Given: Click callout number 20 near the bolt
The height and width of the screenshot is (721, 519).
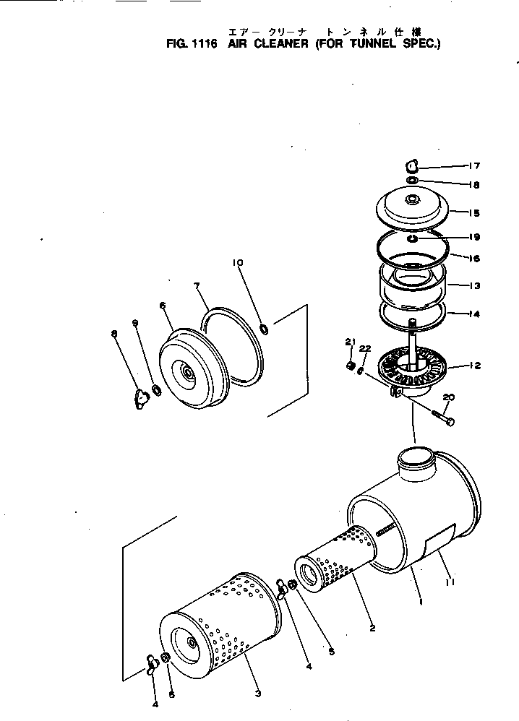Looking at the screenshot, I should pos(447,397).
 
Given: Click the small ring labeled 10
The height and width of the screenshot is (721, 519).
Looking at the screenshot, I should pos(265,329).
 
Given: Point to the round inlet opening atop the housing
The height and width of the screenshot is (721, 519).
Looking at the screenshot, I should pos(415,457).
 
